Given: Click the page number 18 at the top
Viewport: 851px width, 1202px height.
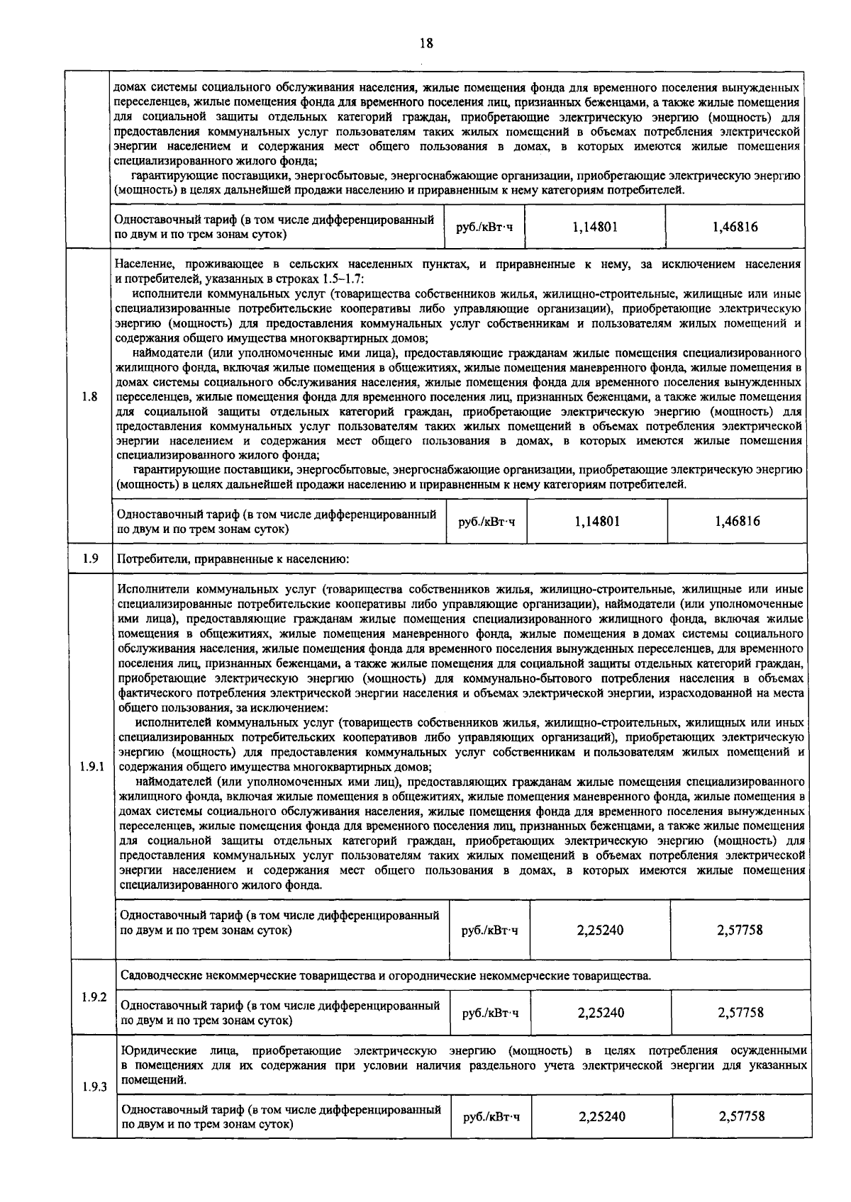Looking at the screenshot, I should (x=425, y=43).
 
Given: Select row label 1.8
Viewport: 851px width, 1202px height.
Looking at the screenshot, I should (x=89, y=396).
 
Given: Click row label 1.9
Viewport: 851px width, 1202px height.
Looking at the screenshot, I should (x=90, y=558).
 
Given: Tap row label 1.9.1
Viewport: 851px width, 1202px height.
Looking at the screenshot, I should (x=92, y=767).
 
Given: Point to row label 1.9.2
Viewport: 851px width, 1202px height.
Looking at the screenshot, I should (x=94, y=996).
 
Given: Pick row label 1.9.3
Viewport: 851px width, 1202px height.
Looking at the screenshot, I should (x=94, y=1087).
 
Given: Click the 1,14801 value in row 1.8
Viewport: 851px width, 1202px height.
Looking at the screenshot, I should (x=597, y=521).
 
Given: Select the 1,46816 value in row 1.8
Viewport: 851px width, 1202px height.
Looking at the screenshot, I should (x=737, y=521).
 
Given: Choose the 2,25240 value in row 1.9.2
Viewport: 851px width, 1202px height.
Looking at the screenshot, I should (x=601, y=1013).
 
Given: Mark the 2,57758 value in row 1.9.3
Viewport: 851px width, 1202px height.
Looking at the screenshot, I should (x=741, y=1116).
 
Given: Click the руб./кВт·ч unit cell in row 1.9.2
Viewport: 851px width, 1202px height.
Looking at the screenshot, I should (x=490, y=1013).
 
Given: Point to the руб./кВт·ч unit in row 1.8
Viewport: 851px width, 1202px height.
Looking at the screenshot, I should (x=486, y=522).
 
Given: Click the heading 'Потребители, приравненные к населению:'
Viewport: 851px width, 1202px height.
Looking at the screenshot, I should (x=233, y=558).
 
